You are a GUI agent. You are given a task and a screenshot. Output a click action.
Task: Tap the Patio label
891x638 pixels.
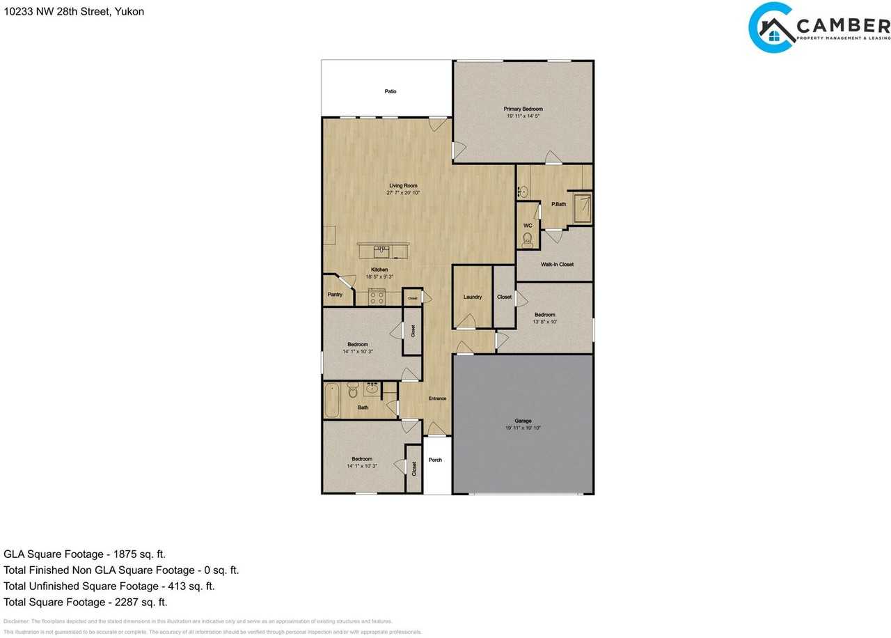(x=391, y=91)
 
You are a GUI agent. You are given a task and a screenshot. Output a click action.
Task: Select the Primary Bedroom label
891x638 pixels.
(x=523, y=109)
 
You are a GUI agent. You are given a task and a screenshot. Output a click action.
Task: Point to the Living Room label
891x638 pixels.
(x=403, y=186)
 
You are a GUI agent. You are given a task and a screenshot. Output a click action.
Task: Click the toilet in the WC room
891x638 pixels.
(x=527, y=240)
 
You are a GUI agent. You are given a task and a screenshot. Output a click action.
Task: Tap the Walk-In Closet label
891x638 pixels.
(x=557, y=265)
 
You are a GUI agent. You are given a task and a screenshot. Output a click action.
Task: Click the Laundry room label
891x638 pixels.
(x=473, y=297)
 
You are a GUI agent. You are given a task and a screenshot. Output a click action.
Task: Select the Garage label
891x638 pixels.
(x=523, y=421)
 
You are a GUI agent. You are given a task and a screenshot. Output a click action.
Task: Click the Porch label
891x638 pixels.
(x=435, y=460)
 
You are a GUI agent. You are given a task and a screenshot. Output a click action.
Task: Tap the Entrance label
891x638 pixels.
(x=437, y=398)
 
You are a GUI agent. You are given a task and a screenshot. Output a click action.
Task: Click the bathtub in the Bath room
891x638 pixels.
(x=332, y=400)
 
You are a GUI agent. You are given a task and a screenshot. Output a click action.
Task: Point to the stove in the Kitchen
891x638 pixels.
(x=377, y=297)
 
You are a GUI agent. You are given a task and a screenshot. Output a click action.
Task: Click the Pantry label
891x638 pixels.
(x=335, y=295)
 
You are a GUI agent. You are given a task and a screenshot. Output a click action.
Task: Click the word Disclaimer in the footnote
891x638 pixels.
(x=16, y=621)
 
